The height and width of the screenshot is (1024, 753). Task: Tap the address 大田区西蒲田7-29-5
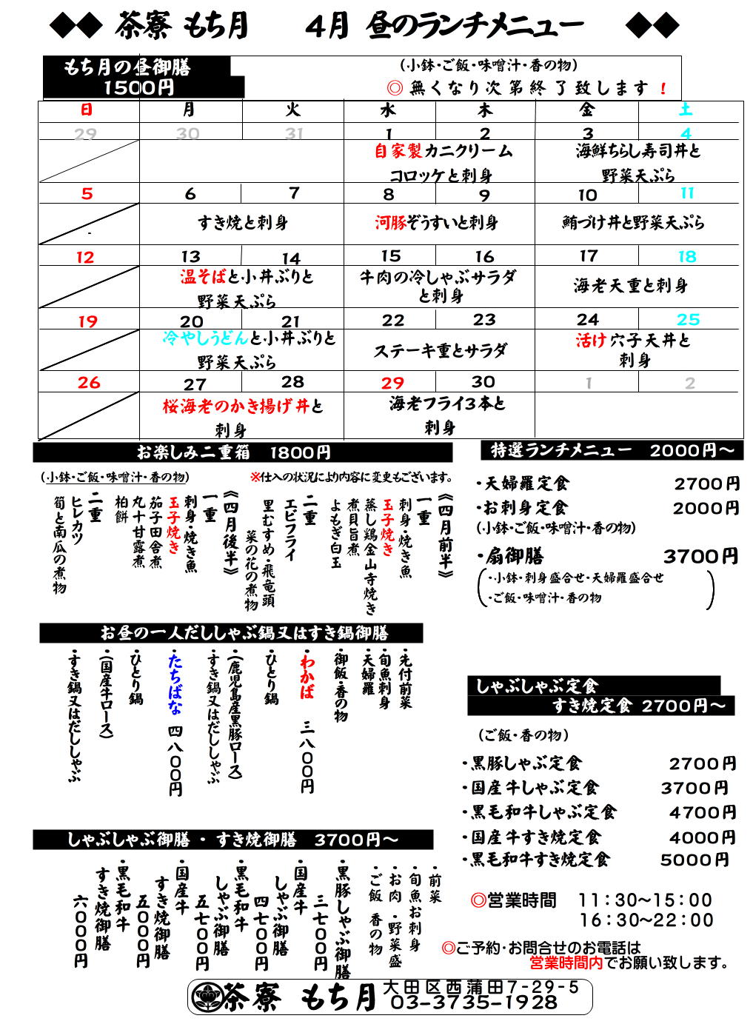(x=481, y=987)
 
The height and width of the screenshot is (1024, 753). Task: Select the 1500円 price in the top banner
(x=139, y=88)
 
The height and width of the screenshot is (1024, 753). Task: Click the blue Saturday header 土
(x=686, y=110)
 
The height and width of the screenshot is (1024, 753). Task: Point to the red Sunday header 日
(x=87, y=110)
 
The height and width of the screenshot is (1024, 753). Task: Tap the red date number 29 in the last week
(x=392, y=383)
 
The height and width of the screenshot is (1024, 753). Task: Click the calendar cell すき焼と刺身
(x=242, y=222)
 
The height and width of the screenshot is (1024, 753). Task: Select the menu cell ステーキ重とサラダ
(x=440, y=350)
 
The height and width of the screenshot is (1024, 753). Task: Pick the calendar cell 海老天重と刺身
(x=631, y=286)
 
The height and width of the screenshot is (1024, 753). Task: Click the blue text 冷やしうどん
(x=206, y=338)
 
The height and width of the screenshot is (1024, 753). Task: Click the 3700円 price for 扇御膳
(x=700, y=556)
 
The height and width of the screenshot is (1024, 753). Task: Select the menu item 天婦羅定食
(x=527, y=484)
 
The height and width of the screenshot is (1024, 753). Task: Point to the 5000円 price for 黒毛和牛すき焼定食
(x=695, y=860)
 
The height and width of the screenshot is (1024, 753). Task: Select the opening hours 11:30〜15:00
(x=645, y=900)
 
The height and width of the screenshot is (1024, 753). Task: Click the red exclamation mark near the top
(x=663, y=89)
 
